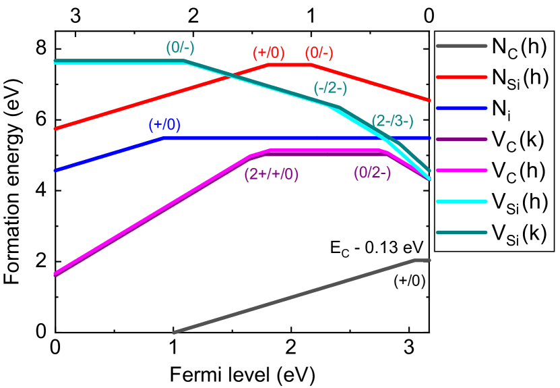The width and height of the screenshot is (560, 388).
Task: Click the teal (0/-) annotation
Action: (x=180, y=48)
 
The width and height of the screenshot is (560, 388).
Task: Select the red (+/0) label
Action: (x=268, y=53)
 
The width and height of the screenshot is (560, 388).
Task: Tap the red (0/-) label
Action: (x=319, y=53)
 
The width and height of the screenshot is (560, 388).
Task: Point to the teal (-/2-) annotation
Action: (x=330, y=88)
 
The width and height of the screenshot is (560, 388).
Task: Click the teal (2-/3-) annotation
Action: (x=392, y=121)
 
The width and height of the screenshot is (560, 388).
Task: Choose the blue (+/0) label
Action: (x=164, y=125)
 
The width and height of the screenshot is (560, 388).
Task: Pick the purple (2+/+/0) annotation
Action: (x=271, y=174)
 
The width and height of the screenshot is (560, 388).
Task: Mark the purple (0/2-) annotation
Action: (x=372, y=173)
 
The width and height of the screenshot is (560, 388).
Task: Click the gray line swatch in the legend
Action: (x=461, y=46)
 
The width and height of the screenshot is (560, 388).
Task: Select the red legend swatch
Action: (x=461, y=77)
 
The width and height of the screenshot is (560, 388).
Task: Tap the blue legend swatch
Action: (x=461, y=108)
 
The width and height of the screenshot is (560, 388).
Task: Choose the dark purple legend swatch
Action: (x=461, y=139)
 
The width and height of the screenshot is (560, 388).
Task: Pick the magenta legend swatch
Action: (x=461, y=170)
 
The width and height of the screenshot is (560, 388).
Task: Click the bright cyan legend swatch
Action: (x=461, y=201)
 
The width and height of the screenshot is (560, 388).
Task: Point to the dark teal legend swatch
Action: (x=461, y=232)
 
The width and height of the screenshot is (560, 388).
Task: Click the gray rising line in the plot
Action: (x=293, y=296)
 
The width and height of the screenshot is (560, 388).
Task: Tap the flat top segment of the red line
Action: (x=290, y=65)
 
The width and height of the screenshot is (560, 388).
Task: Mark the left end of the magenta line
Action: (x=56, y=273)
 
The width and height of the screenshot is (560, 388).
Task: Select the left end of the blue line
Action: (x=56, y=170)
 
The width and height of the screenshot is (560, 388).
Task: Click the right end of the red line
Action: (x=429, y=99)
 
